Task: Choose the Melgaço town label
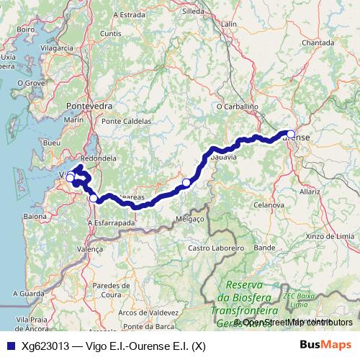coord(192,217)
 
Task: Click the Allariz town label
coord(310,192)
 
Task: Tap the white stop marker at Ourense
coord(290,133)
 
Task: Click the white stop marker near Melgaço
coord(186,183)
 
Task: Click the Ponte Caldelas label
coord(127,121)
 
